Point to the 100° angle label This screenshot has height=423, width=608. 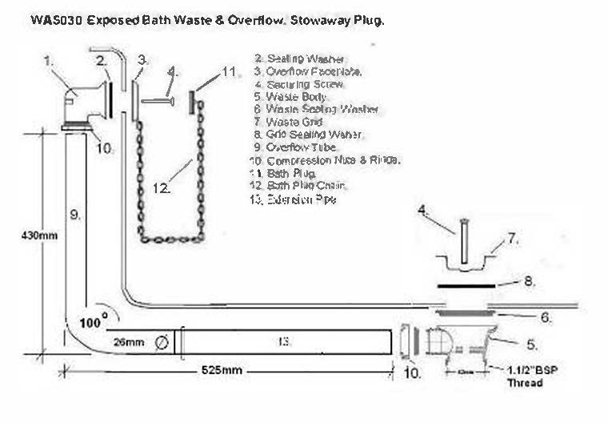click(94, 322)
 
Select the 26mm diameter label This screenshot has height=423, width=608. click(129, 342)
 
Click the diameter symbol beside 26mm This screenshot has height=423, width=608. click(161, 342)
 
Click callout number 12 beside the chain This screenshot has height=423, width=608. click(162, 188)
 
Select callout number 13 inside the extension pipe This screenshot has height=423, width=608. click(283, 341)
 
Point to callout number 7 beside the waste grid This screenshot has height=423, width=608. click(513, 238)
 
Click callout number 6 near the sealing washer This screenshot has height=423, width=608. click(546, 317)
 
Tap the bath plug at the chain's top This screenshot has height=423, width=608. click(192, 102)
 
